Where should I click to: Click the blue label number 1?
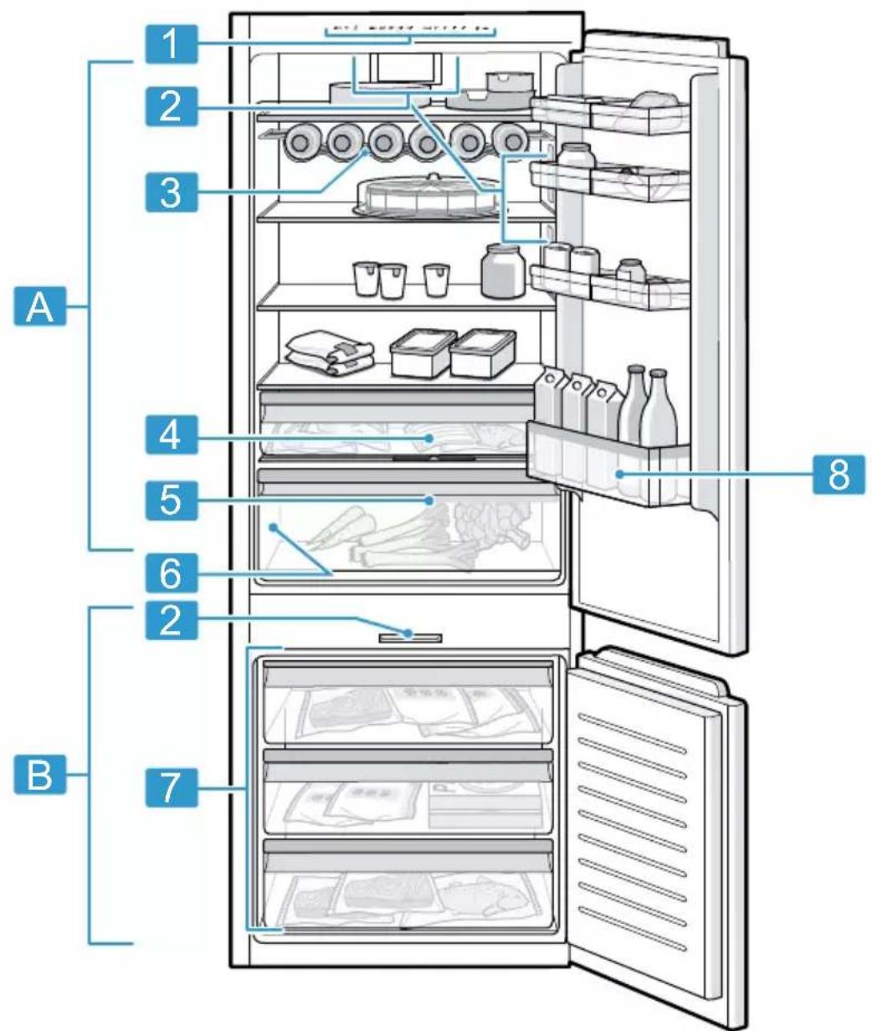pos(171,44)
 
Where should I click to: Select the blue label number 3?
pos(171,192)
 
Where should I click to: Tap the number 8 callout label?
pos(839,474)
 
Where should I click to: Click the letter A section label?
pos(40,305)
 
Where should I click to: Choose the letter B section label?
pos(40,775)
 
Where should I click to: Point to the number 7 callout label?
pos(171,787)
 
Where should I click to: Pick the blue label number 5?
pos(171,500)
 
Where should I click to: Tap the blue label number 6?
pos(171,573)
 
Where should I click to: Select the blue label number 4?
pos(171,435)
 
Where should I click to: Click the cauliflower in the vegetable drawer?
pos(491,521)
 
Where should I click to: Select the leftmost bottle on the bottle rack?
pos(300,142)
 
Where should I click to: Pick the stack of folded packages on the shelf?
pos(329,352)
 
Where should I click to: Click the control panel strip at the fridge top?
pos(410,30)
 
